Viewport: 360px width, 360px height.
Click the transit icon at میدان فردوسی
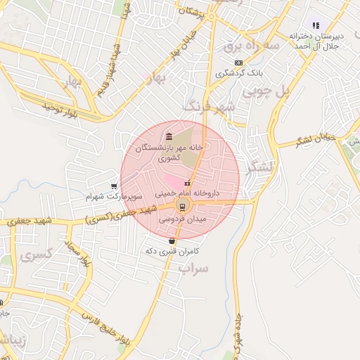point(182,206)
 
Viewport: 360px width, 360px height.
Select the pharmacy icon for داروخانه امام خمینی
point(186,184)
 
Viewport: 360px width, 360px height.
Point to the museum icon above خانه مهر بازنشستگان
point(167,136)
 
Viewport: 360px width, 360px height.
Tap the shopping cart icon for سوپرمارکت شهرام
point(114,186)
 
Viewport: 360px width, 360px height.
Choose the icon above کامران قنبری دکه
point(172,241)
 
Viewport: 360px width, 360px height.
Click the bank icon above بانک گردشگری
point(238,63)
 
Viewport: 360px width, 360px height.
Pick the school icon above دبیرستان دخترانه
point(316,25)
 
